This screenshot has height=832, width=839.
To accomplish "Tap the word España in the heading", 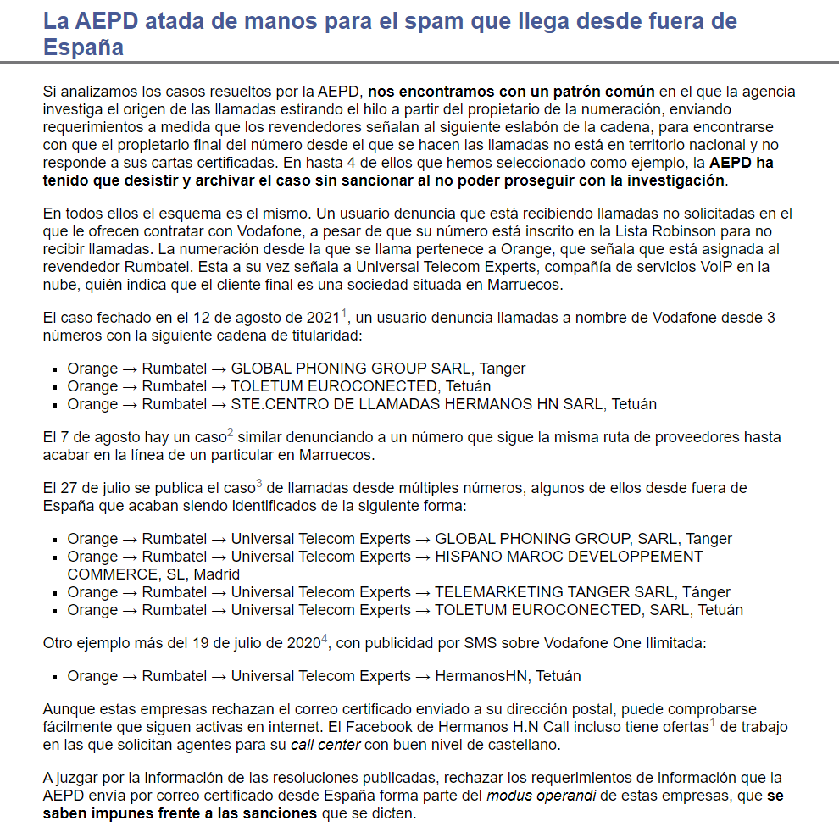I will pyautogui.click(x=83, y=47).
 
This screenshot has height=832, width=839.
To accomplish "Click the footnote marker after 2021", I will pyautogui.click(x=344, y=314).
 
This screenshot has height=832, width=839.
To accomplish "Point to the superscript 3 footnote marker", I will pyautogui.click(x=258, y=484).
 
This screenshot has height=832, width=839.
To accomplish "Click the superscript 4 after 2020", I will pyautogui.click(x=324, y=639).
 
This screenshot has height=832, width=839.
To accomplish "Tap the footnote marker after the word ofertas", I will pyautogui.click(x=713, y=722).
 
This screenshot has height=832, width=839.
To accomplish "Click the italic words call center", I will pyautogui.click(x=325, y=745).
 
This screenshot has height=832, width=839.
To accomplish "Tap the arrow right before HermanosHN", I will pyautogui.click(x=423, y=676).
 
